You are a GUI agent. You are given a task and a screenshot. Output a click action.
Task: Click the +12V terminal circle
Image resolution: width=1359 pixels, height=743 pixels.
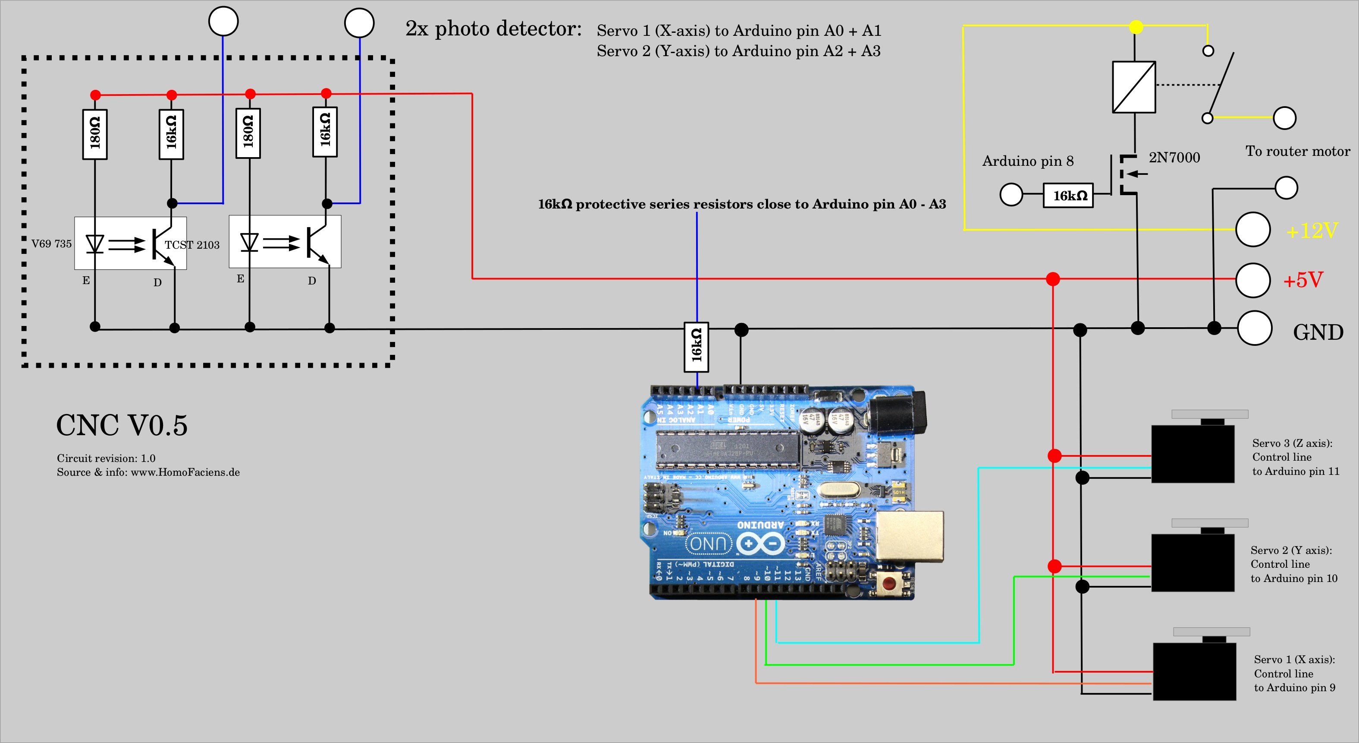pos(1252,229)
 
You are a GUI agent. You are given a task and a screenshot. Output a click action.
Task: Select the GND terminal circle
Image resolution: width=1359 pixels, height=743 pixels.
pos(1254,328)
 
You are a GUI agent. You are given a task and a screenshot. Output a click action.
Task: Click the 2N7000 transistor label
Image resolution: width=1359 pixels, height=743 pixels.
pos(1174,158)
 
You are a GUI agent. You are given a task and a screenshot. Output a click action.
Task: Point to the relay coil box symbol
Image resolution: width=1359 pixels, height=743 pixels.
pos(1134,87)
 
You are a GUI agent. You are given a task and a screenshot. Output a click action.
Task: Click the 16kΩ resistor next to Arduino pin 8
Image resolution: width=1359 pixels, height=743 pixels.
pos(1068,196)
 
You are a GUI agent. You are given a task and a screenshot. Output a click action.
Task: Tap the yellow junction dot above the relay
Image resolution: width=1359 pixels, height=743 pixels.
pos(1136,26)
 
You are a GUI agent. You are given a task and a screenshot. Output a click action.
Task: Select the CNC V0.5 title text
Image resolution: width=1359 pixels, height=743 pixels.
pos(122,425)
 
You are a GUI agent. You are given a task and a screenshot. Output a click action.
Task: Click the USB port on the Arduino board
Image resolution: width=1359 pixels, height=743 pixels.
pos(910,536)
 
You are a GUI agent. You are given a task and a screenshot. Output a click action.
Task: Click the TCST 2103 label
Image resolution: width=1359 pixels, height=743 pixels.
pos(192,245)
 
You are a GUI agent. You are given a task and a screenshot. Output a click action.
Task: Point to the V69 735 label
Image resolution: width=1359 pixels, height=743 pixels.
pos(51,243)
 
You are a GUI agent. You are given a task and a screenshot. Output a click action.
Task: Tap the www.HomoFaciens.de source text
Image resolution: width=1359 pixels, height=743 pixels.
pos(185,472)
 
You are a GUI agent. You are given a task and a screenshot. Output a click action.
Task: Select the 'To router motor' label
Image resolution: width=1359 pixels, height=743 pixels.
pos(1298,152)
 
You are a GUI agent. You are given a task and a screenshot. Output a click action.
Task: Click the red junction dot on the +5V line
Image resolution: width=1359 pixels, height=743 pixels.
pos(1052,279)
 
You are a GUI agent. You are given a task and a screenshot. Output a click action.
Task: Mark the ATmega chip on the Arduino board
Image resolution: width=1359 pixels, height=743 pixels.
pos(728,449)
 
